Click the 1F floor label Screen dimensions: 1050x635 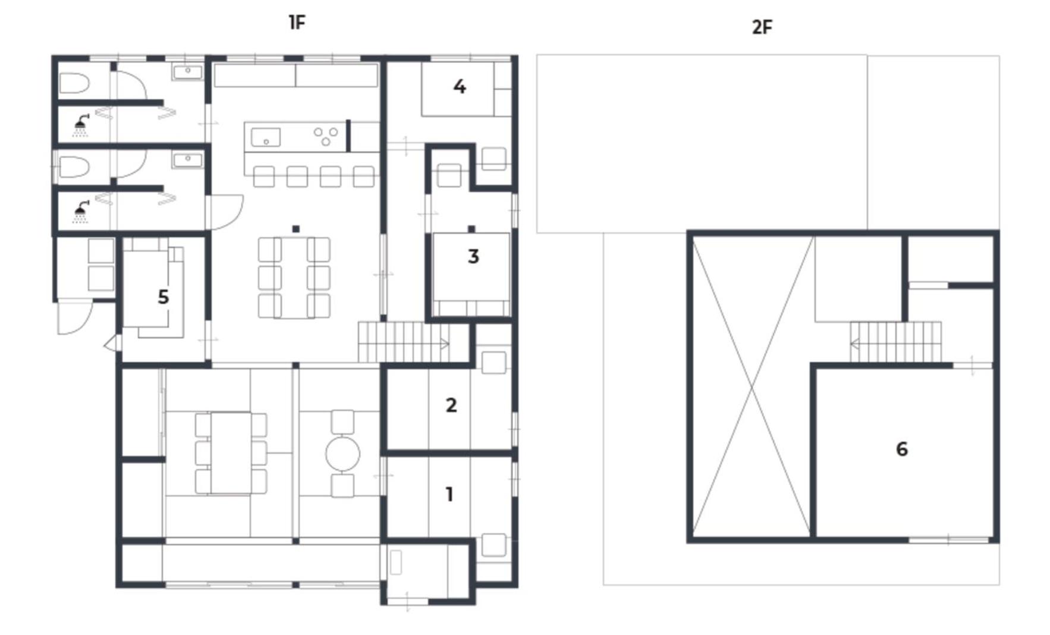(297, 23)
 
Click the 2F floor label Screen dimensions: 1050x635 (762, 27)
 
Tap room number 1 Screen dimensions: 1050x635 (449, 494)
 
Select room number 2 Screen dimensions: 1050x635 (451, 405)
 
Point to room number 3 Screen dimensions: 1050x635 (473, 257)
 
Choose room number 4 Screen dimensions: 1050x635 (460, 87)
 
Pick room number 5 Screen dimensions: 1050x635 (164, 297)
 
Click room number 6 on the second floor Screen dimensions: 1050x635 (902, 449)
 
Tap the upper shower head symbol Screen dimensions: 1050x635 (80, 125)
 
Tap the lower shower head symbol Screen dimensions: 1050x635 (80, 212)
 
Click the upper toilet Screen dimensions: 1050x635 (74, 83)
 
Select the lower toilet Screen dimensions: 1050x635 (74, 167)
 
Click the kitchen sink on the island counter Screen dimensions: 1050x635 (266, 137)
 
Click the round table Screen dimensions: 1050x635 (342, 454)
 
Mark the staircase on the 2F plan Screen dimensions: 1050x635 (896, 342)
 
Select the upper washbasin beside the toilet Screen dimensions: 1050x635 (188, 73)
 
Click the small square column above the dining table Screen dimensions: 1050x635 (296, 229)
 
